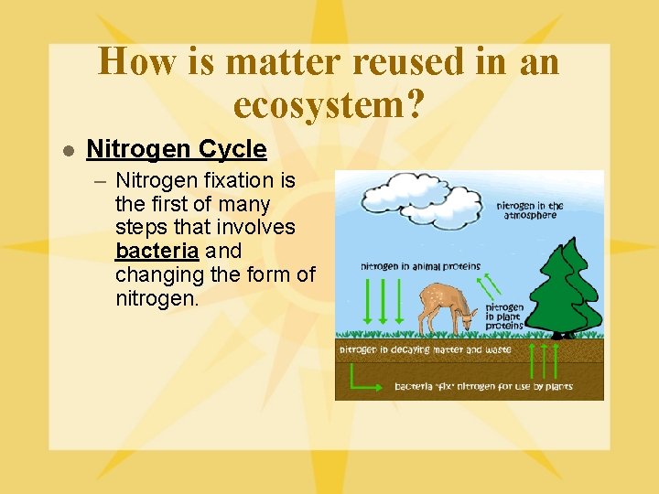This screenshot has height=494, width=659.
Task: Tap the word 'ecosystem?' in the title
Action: [x=329, y=105]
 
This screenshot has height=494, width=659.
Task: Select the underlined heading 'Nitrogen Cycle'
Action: [x=176, y=149]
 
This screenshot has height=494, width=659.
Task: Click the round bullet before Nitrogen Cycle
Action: [x=67, y=150]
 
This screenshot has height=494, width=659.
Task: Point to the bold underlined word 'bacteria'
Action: [x=157, y=251]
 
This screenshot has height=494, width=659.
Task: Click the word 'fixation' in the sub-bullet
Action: [x=232, y=180]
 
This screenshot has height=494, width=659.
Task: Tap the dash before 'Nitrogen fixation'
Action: [x=101, y=181]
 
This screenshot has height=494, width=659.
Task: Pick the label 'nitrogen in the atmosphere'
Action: [x=530, y=209]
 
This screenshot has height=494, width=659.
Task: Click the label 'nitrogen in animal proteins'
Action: [x=414, y=267]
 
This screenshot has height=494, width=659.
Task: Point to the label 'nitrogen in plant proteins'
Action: [x=504, y=317]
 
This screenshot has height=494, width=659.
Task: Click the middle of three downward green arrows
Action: [x=383, y=301]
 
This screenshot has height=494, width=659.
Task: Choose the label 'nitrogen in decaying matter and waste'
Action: [x=425, y=349]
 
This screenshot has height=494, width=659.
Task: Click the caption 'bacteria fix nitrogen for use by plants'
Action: [x=483, y=386]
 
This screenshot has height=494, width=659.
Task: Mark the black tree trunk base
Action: [x=559, y=335]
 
